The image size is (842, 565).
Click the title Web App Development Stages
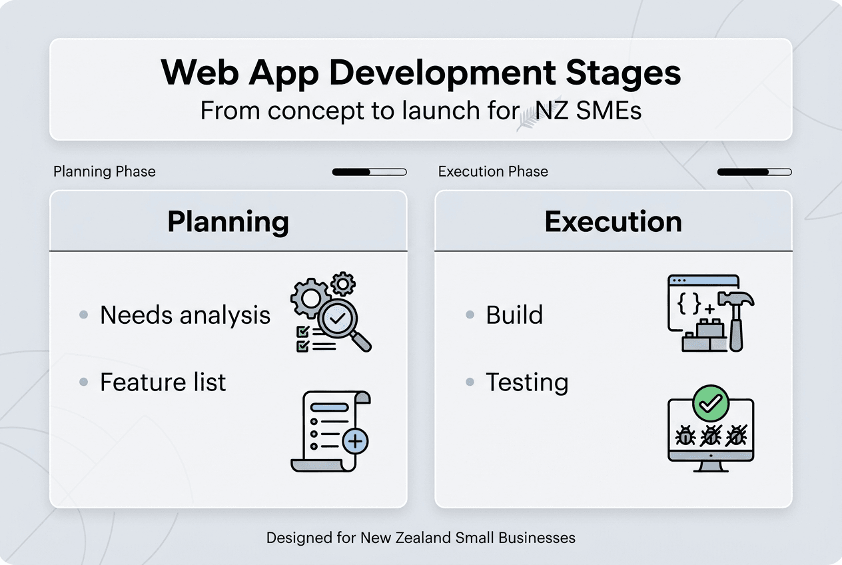(420, 72)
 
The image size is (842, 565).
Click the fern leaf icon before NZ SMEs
(527, 115)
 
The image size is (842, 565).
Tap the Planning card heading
(228, 222)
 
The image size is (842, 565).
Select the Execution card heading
(613, 222)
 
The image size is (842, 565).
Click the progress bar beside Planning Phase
(369, 172)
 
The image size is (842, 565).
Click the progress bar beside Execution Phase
(754, 172)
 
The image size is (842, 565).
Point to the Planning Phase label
(105, 172)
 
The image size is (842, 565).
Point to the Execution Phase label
(493, 172)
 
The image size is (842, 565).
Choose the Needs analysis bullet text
(185, 315)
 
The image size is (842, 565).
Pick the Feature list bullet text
(163, 382)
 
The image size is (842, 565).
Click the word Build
(514, 315)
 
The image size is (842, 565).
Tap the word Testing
(527, 383)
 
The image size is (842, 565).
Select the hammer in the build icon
(736, 313)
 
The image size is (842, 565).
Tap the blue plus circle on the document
(355, 440)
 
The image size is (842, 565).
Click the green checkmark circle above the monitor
(711, 402)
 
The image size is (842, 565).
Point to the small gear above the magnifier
(343, 283)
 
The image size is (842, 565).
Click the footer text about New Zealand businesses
(420, 538)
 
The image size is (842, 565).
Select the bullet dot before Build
(470, 314)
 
